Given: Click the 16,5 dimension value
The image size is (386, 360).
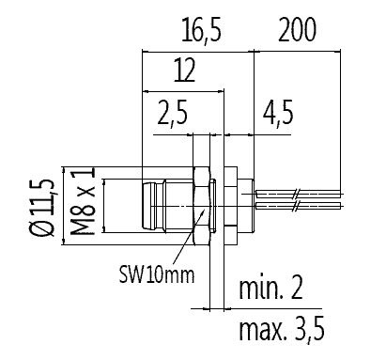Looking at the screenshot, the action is coord(202,31).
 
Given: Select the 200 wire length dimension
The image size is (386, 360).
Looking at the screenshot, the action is coord(297,30).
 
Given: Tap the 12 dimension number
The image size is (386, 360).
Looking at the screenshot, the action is coord(185,70).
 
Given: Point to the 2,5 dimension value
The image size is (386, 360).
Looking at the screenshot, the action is coord(173,113).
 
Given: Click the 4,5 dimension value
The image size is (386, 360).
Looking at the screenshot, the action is coord(278,113).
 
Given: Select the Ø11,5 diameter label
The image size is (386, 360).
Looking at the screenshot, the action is coord(42,208).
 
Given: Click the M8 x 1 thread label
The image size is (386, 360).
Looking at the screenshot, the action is coord(83,201).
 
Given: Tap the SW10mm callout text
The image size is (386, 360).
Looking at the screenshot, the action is coord(157,274).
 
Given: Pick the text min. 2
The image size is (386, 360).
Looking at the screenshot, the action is coord(270,288).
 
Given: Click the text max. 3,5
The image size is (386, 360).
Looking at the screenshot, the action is coord(282,330).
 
